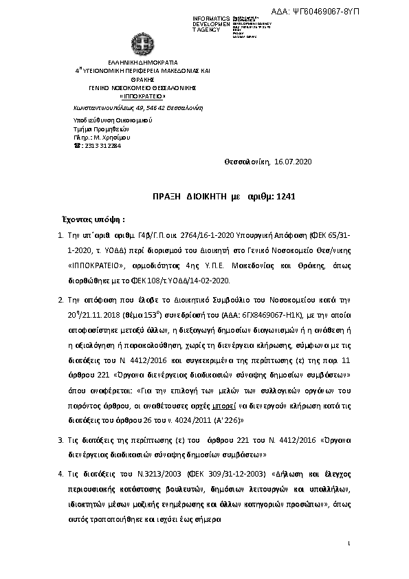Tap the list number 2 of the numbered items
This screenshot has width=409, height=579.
pos(60,301)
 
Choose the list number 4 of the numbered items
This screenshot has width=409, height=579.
pos(60,474)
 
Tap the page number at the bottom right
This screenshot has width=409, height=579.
pos(349,544)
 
